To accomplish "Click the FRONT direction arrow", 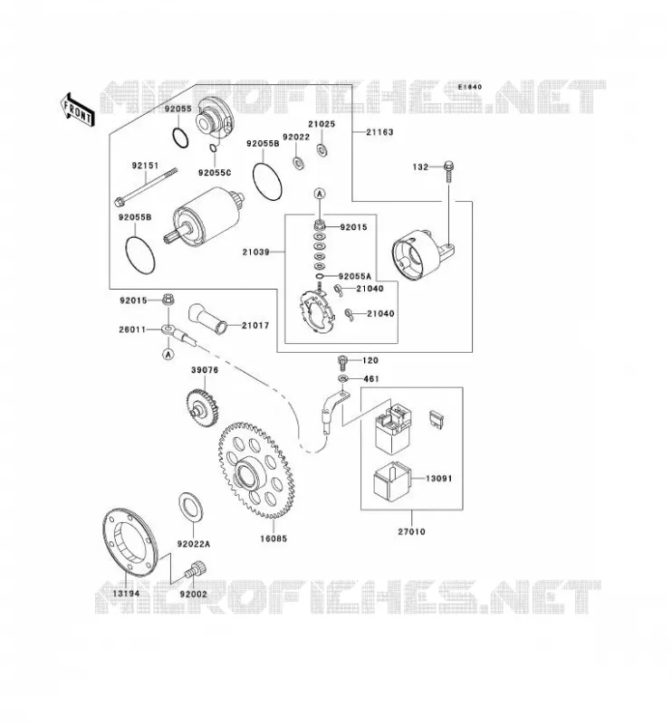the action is (77, 110).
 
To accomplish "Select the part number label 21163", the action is (379, 132).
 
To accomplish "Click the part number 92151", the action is (145, 166).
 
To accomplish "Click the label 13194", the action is (126, 593).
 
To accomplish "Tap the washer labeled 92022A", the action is (191, 510).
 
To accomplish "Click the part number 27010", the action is (411, 531).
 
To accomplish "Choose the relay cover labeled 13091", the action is (391, 480).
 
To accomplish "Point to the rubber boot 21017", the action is (208, 318).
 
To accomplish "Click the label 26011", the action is (132, 329).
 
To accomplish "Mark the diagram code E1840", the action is (470, 87).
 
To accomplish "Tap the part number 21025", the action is (322, 124).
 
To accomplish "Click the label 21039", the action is (255, 252).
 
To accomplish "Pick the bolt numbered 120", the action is (342, 362).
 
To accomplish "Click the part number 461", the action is (371, 378).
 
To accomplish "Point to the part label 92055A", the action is (355, 276).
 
